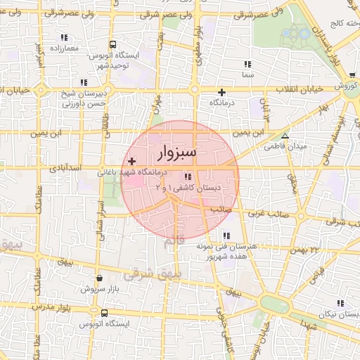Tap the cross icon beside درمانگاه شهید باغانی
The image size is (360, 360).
pyautogui.click(x=131, y=162)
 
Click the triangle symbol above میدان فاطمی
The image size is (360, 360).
pyautogui.click(x=285, y=136)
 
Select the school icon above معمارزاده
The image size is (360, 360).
pyautogui.click(x=64, y=37)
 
